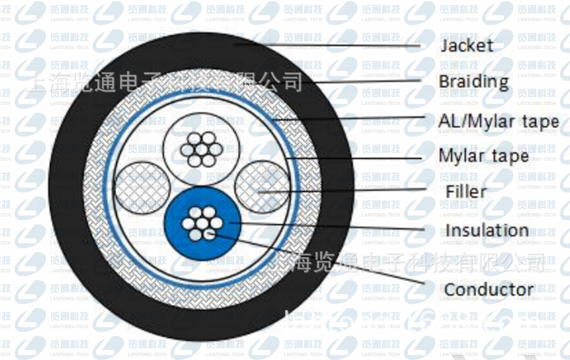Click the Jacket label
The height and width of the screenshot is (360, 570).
[467, 45]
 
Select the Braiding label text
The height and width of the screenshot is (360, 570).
[473, 82]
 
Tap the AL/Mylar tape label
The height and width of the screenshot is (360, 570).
[498, 121]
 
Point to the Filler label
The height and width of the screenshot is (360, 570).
[466, 192]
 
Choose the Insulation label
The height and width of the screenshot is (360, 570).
[487, 230]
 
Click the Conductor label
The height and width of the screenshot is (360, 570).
[489, 290]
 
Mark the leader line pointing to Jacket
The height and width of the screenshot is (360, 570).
[342, 45]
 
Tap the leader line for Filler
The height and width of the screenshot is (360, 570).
[342, 190]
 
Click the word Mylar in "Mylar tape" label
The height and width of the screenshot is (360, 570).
[461, 156]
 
